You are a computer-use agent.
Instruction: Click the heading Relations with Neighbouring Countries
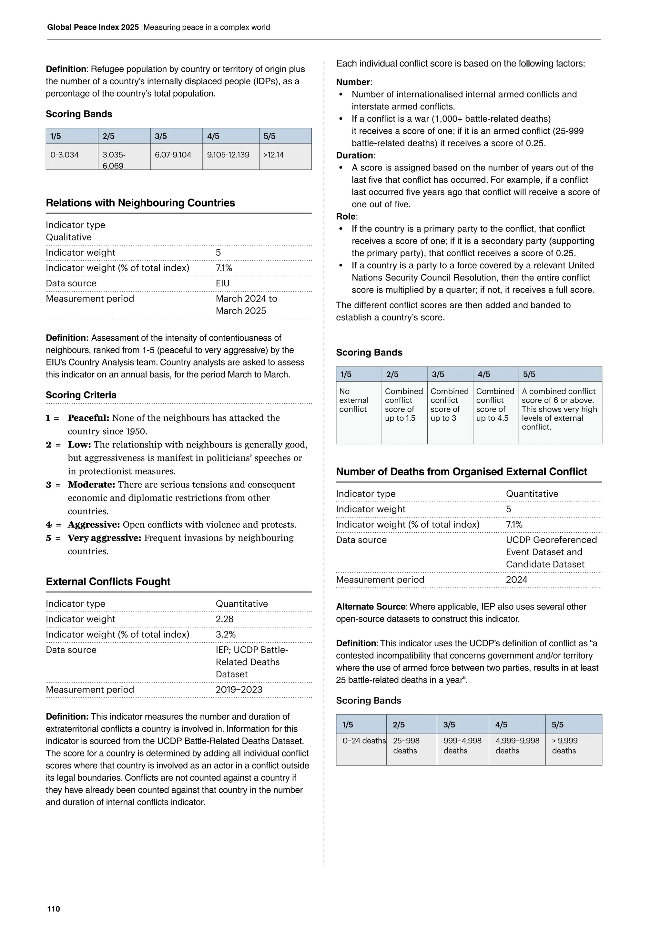coord(140,203)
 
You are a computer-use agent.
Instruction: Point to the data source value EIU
coord(223,283)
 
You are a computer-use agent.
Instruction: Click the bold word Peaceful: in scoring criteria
coord(88,418)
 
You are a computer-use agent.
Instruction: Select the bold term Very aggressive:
coord(104,538)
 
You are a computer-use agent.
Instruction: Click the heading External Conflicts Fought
coord(108,581)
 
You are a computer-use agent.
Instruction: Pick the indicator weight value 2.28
coord(225,619)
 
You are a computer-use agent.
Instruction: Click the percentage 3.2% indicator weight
coord(226,634)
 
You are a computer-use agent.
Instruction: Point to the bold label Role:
coord(346,217)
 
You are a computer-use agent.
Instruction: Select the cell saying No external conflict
coord(354,400)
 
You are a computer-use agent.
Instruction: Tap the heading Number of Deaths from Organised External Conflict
coord(461,472)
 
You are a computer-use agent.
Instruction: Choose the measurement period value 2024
coord(516,580)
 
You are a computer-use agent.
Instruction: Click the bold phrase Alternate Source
coord(371,607)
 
